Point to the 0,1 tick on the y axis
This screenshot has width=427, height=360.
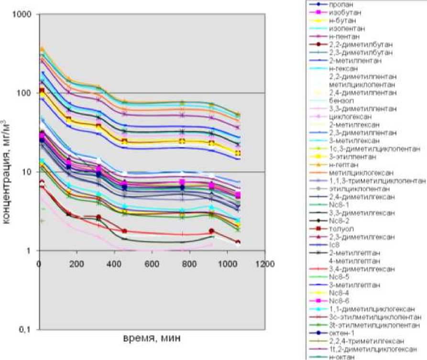pyautogui.click(x=26, y=329)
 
